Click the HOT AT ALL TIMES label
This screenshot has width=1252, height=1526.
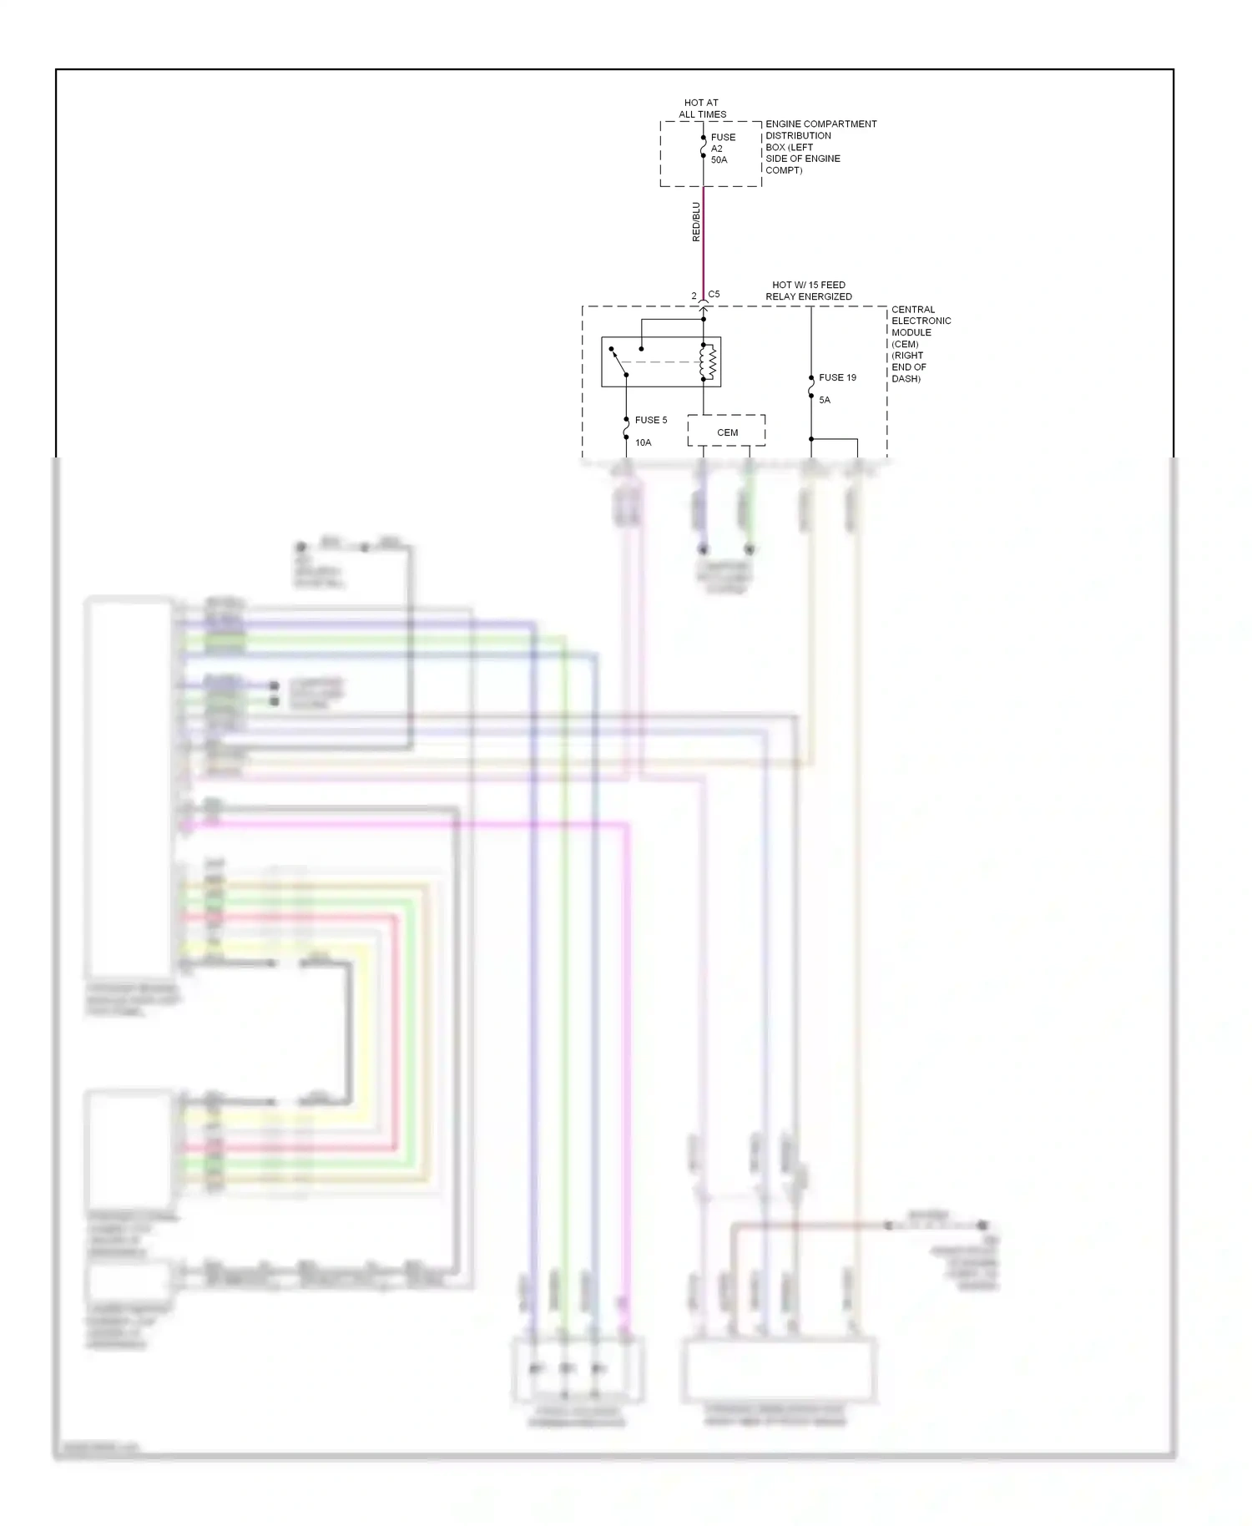[x=702, y=109]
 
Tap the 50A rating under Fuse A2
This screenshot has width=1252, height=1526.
[x=719, y=159]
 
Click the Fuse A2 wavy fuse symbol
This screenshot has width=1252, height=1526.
[x=703, y=147]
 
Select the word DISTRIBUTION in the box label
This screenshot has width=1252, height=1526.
[x=798, y=135]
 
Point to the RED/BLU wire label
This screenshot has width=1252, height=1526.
[x=696, y=222]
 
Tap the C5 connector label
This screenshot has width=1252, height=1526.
[x=714, y=295]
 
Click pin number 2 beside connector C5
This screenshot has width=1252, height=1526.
[x=694, y=296]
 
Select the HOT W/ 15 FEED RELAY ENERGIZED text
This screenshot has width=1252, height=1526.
[x=809, y=291]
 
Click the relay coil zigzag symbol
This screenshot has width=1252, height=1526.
[x=711, y=361]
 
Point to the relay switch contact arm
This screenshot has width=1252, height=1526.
[x=618, y=361]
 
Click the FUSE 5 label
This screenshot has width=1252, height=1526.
[x=651, y=420]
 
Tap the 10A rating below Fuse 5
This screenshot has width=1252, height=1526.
[x=643, y=442]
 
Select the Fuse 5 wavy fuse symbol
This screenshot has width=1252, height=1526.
[x=626, y=428]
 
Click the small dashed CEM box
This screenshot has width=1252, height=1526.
[x=726, y=431]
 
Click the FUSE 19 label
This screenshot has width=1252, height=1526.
[x=837, y=377]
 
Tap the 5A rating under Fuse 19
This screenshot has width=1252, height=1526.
[x=825, y=400]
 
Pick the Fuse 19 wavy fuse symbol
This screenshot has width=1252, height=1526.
[x=811, y=387]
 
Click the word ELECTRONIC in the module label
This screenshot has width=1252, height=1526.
[x=921, y=321]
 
